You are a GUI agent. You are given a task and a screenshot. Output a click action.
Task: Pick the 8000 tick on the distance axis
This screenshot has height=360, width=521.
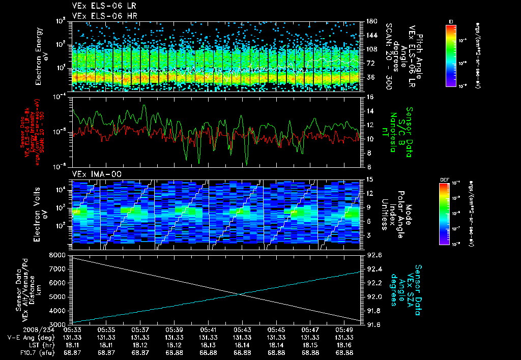(x=57, y=254)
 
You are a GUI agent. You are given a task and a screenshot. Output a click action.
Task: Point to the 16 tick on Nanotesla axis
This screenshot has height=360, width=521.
(x=369, y=97)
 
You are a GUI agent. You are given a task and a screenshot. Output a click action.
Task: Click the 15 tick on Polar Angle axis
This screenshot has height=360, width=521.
(x=369, y=179)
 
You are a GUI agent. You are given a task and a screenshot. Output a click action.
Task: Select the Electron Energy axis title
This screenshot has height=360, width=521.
(x=41, y=56)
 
